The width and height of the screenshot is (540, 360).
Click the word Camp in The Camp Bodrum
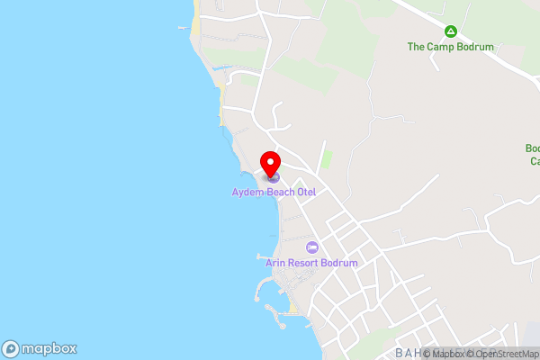tap(436, 47)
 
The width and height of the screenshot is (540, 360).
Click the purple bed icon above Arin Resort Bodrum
tap(311, 247)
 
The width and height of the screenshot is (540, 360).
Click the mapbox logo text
tap(49, 349)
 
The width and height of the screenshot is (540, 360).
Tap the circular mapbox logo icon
tap(12, 349)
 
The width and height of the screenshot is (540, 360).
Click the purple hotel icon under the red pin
tap(273, 177)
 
